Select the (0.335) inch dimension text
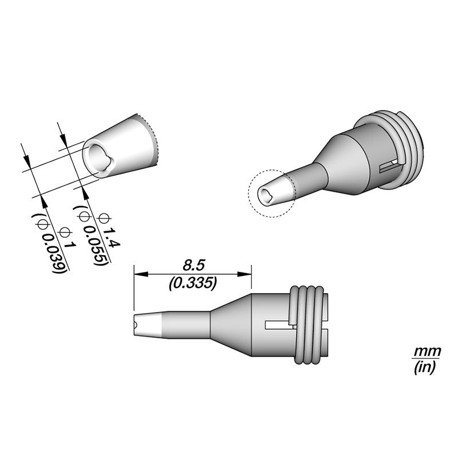tap(193, 283)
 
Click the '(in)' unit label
tap(425, 367)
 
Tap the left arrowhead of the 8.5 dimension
tap(141, 274)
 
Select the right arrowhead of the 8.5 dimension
tap(244, 274)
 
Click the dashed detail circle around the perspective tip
tap(248, 194)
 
